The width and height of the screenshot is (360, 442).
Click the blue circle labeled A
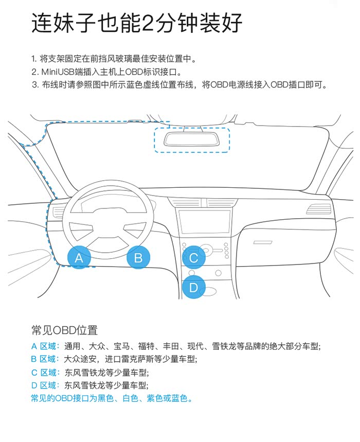[x=79, y=258]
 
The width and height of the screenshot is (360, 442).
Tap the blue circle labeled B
[x=138, y=258]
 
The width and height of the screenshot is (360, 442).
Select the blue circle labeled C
[x=193, y=258]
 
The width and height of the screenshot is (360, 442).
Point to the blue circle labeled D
[x=193, y=287]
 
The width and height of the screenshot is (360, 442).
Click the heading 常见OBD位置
[x=64, y=330]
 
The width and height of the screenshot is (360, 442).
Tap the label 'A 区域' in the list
[x=45, y=346]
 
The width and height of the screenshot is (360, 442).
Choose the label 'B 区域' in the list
[x=45, y=359]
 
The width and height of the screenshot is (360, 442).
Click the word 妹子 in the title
[x=75, y=23]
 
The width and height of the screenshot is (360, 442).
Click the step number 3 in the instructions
[x=34, y=84]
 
